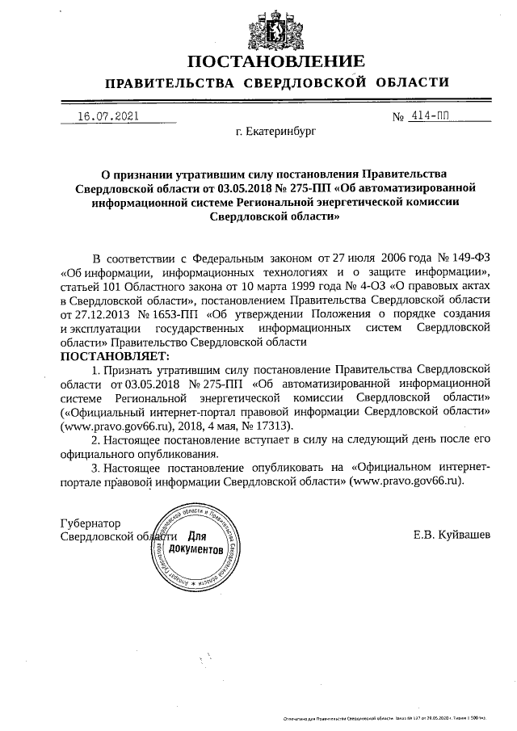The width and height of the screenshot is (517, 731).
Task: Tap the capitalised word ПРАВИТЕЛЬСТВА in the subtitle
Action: pyautogui.click(x=167, y=83)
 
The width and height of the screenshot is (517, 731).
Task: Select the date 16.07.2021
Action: pyautogui.click(x=107, y=116)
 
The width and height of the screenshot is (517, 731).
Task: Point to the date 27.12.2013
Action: pyautogui.click(x=93, y=313)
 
